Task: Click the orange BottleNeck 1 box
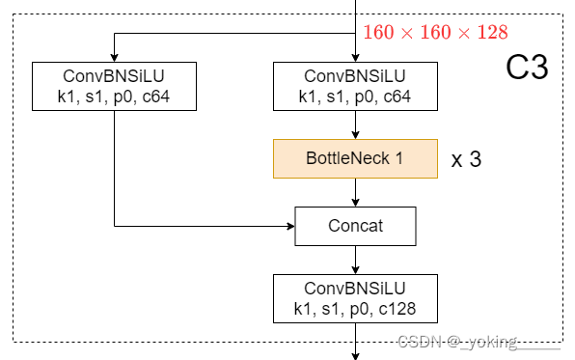355,159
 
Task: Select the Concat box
355,227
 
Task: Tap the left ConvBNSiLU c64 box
114,86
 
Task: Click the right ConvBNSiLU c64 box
355,86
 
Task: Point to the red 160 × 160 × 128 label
434,33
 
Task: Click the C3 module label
527,68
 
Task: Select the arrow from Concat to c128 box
356,260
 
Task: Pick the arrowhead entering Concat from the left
289,227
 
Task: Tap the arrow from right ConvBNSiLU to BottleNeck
356,125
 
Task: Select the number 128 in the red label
491,33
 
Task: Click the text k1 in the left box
67,96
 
